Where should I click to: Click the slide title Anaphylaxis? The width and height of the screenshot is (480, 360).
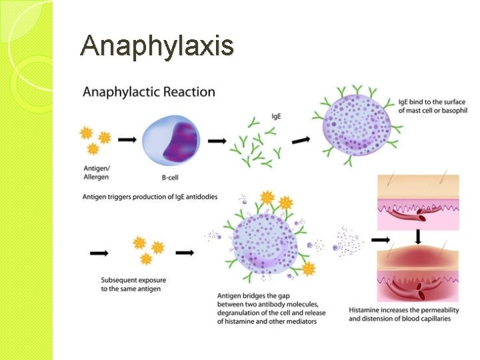tap(157, 46)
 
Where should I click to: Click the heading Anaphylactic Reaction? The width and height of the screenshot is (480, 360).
tap(149, 92)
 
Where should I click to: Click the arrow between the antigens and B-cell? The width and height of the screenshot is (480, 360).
tap(126, 141)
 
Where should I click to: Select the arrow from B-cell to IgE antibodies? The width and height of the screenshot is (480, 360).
tap(217, 141)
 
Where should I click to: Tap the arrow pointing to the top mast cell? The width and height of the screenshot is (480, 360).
tap(301, 140)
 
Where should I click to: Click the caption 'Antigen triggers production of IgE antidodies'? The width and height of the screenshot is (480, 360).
tap(150, 197)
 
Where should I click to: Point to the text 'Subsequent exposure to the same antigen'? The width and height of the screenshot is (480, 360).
tap(131, 284)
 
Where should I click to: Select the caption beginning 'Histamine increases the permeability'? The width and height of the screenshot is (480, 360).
tap(405, 314)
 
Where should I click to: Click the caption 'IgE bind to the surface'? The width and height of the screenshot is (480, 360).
tap(431, 105)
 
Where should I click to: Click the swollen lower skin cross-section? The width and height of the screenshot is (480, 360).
tap(417, 274)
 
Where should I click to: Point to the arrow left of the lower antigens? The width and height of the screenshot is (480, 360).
tap(99, 253)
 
